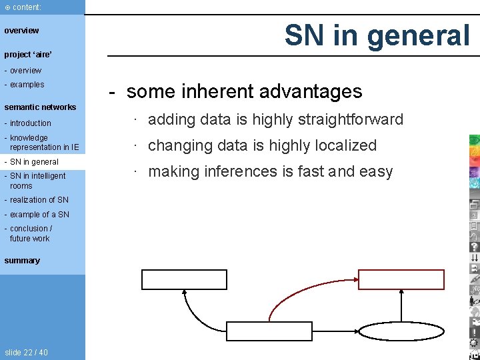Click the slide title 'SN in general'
[x=377, y=35]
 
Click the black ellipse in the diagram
[x=403, y=331]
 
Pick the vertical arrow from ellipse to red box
[x=403, y=305]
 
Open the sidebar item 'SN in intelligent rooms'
[x=37, y=181]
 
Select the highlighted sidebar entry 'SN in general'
[x=34, y=162]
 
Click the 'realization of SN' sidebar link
[x=39, y=200]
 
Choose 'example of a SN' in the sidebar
[x=39, y=215]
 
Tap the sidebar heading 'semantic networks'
[x=40, y=107]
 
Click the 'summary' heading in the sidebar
[x=22, y=261]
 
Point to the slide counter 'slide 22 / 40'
[x=26, y=352]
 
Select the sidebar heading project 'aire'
[x=28, y=54]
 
